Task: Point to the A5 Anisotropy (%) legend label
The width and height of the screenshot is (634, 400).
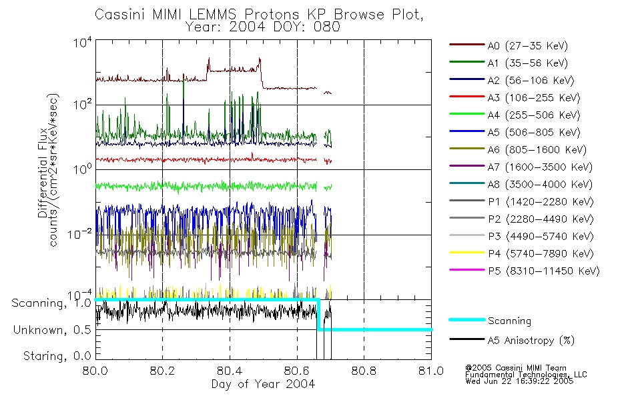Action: (x=531, y=341)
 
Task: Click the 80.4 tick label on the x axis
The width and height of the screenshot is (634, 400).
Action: (x=230, y=372)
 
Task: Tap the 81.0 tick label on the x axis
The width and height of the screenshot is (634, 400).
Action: (x=430, y=372)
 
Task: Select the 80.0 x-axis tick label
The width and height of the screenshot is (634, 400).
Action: (x=95, y=372)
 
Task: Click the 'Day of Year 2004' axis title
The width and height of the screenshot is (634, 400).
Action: (x=263, y=385)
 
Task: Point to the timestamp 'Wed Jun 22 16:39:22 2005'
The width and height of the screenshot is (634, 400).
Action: (x=519, y=382)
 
